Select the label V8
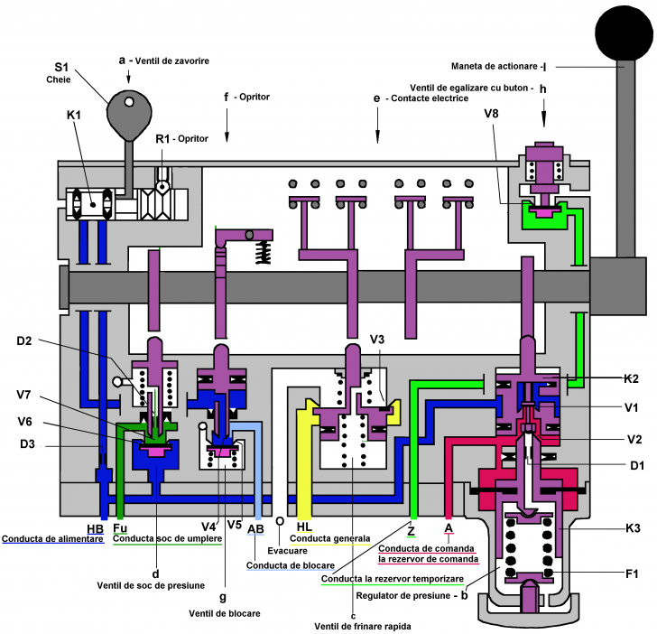pos(492,115)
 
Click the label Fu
pos(121,528)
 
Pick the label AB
pos(257,528)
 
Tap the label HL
pos(305,528)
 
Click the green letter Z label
pos(412,529)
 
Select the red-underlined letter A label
pos(449,529)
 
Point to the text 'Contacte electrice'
pos(430,98)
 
